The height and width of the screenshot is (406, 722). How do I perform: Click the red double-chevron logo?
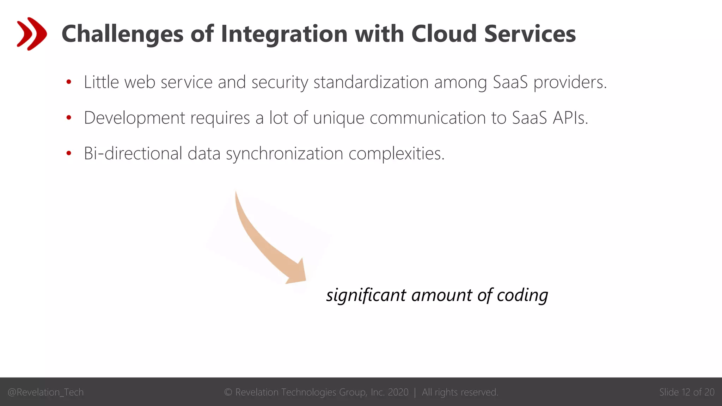tap(32, 34)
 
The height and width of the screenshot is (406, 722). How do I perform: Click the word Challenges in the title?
tap(122, 34)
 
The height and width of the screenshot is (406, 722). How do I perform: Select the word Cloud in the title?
tap(444, 34)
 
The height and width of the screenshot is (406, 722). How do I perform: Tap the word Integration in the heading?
tap(284, 34)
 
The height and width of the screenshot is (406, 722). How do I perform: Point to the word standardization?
tap(371, 82)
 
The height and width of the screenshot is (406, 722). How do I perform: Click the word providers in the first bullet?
tap(570, 82)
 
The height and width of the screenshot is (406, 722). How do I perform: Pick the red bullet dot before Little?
tap(69, 82)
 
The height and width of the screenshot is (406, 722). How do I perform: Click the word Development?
tap(134, 118)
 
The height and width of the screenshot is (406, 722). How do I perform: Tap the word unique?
tap(338, 118)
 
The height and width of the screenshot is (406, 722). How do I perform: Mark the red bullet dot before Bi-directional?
tap(69, 153)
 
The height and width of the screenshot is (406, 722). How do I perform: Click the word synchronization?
tap(284, 153)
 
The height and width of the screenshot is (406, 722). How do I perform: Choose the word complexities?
tap(396, 153)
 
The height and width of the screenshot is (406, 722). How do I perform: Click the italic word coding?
tap(522, 295)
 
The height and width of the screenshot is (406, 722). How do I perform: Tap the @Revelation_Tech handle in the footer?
tap(45, 392)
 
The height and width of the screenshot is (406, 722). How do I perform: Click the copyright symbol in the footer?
tap(228, 392)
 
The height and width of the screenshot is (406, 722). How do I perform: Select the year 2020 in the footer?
tap(398, 392)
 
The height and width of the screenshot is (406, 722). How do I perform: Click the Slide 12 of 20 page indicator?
tap(686, 392)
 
